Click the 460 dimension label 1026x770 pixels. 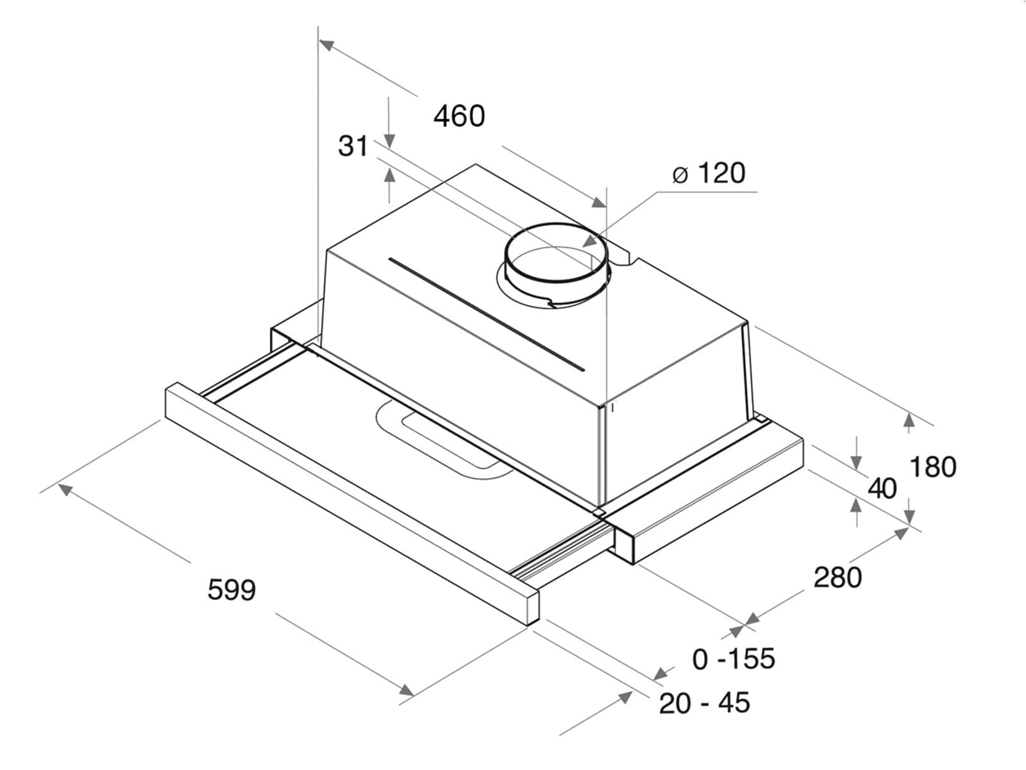(x=459, y=116)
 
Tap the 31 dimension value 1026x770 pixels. (x=353, y=146)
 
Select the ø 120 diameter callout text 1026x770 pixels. (x=709, y=173)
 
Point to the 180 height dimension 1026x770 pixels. (x=933, y=466)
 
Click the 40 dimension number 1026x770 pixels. (x=882, y=488)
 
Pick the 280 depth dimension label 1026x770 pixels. (x=837, y=577)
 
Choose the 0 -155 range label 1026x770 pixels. (x=734, y=659)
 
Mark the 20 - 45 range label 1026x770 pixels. (x=704, y=702)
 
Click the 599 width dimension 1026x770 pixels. (x=231, y=590)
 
